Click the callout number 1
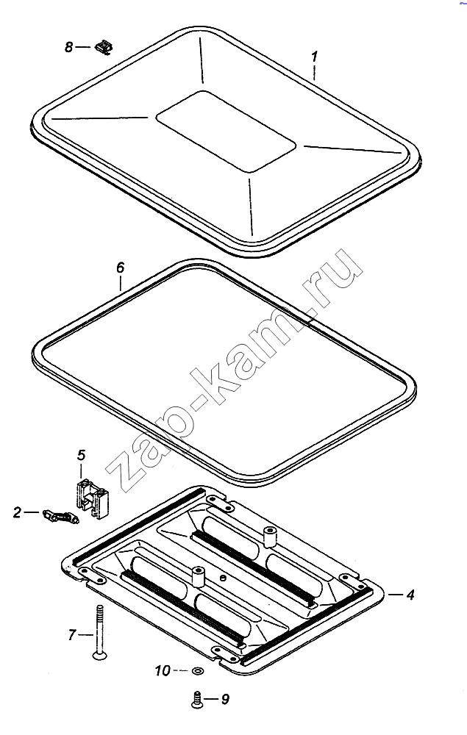[315, 57]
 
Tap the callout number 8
[69, 47]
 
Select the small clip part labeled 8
[104, 47]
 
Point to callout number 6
[121, 268]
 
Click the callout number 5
[82, 455]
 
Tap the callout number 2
[18, 513]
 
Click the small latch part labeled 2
[60, 517]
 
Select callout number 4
[410, 595]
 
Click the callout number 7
[71, 635]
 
